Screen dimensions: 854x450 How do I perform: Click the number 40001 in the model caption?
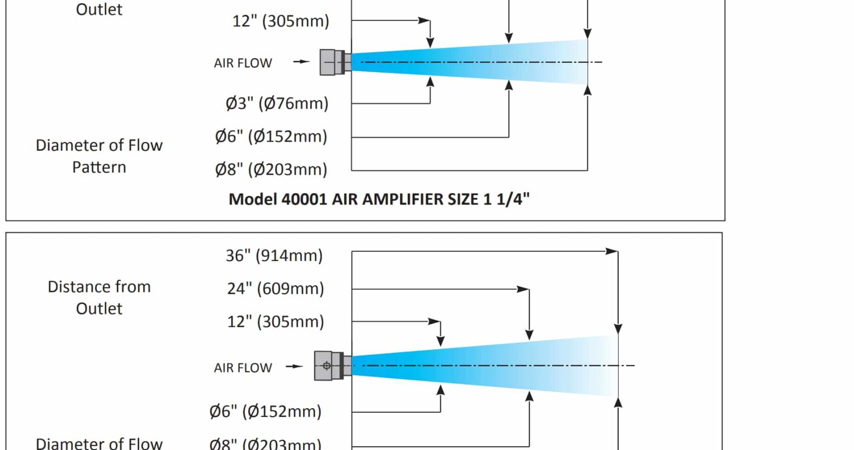[x=304, y=199]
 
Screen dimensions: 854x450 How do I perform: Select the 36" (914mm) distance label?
[x=274, y=255]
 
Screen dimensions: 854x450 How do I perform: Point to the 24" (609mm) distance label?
[x=276, y=289]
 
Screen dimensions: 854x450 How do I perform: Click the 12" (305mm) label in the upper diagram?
[x=281, y=21]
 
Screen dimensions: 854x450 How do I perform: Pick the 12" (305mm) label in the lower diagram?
[x=276, y=322]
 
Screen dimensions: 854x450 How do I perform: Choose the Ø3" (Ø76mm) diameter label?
[x=277, y=103]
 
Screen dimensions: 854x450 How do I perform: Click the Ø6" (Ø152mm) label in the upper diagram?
[x=271, y=136]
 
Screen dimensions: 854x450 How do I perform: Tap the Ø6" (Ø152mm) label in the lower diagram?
[x=265, y=411]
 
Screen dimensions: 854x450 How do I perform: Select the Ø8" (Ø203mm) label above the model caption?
[x=271, y=170]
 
